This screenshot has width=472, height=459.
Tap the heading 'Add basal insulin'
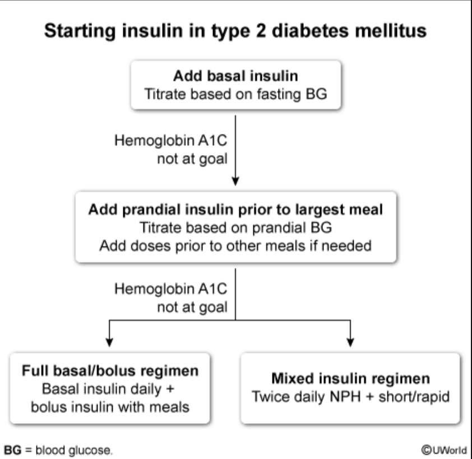pos(235,76)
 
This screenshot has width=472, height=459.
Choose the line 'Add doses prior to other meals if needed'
pos(235,246)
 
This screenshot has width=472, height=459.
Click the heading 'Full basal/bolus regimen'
pos(110,371)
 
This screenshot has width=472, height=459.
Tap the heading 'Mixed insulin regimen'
pos(351,379)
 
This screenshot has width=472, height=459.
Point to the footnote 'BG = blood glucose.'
pos(58,449)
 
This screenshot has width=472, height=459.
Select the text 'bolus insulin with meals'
pos(110,406)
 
